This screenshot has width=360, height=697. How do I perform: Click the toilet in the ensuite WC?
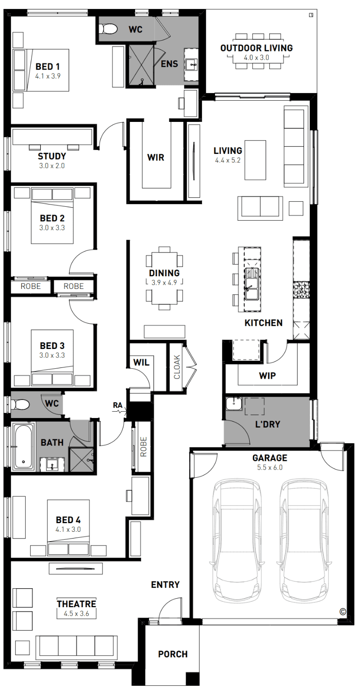coord(108,29)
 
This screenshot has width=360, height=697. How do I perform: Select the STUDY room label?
coord(52,156)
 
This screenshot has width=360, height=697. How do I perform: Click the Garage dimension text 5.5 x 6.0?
coord(270,467)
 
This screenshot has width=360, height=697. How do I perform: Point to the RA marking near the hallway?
coord(118,405)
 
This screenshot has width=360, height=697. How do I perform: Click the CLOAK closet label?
coord(177,367)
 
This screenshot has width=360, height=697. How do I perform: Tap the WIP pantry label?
coord(267,376)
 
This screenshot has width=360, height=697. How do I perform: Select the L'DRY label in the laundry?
coord(267,424)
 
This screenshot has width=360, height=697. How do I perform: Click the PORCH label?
coord(173,655)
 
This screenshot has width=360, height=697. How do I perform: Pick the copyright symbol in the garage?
coord(342,612)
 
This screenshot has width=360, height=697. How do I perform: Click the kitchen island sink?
coord(252,283)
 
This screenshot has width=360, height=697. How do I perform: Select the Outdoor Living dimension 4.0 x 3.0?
coord(256,58)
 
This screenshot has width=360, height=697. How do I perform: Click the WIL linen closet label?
coord(141,362)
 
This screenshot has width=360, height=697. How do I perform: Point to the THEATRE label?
coord(77,604)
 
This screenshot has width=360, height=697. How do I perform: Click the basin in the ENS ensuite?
coord(191,65)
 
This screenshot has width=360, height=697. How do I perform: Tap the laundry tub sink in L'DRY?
coord(234,404)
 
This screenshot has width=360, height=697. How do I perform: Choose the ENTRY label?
coord(165,585)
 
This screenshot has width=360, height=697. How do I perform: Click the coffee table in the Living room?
coord(255,160)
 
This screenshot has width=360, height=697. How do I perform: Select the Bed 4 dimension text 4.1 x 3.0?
coord(68,529)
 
